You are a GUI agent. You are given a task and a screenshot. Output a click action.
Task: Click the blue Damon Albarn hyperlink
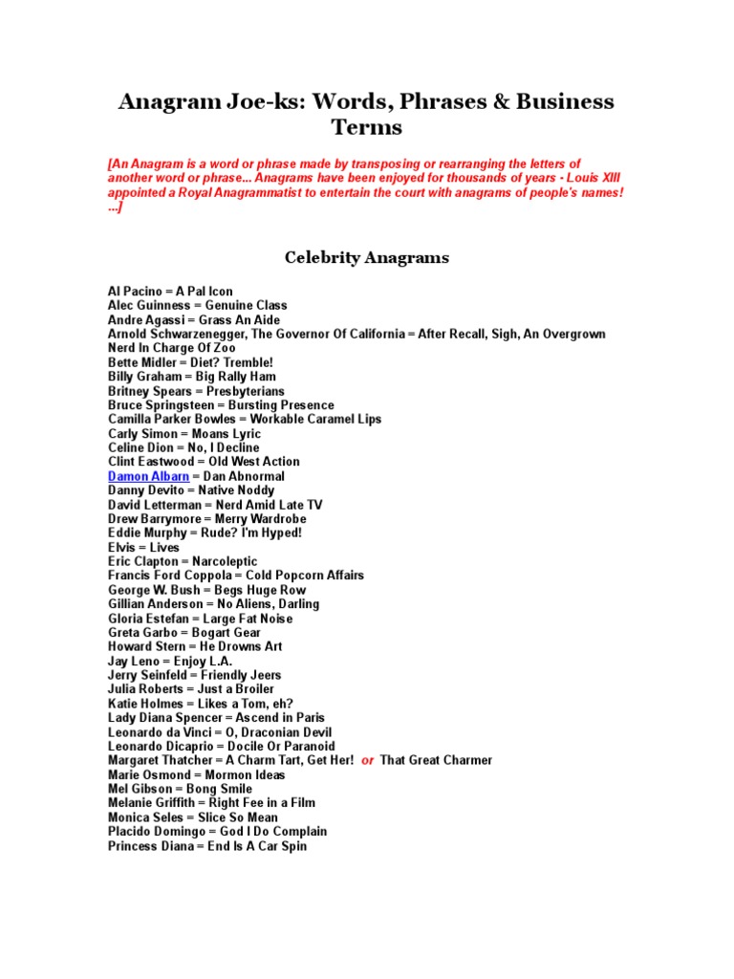point(148,476)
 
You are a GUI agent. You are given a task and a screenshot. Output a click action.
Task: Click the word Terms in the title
point(367,127)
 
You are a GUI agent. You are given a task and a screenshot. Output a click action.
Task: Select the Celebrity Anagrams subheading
point(367,257)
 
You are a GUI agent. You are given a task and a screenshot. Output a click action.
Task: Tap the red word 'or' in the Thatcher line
point(368,761)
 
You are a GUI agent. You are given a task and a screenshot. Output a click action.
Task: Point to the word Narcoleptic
point(225,562)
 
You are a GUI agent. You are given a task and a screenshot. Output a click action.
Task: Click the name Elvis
point(123,548)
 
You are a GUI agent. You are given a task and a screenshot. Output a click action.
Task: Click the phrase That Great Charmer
point(436,761)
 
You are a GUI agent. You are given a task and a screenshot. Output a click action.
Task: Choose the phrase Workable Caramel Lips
point(315,420)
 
